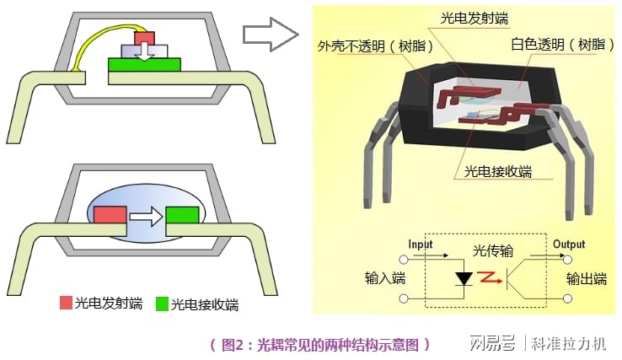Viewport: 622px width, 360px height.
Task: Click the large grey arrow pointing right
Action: point(271,35)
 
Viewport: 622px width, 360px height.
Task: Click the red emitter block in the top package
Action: point(144,39)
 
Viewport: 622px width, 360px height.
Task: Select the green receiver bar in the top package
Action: point(144,65)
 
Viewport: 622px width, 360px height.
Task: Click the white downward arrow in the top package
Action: point(144,51)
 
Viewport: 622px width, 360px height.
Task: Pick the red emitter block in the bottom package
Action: point(110,216)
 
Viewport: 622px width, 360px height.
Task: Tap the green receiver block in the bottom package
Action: point(182,216)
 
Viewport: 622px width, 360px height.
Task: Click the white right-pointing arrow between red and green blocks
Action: point(147,217)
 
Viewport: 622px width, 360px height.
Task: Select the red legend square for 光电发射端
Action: point(66,303)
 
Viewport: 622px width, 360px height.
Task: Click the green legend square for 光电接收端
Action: point(162,304)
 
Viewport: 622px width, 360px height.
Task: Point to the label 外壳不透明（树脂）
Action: point(375,46)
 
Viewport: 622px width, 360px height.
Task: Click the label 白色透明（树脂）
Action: point(562,44)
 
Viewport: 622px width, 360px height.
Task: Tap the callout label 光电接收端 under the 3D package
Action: point(498,171)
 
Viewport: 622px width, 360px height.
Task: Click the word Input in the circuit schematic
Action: point(421,244)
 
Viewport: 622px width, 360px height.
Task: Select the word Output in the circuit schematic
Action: point(569,244)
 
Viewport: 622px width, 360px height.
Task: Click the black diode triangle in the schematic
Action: point(464,278)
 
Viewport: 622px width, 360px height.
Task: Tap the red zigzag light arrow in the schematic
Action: point(490,277)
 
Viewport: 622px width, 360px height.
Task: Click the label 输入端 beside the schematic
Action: point(385,278)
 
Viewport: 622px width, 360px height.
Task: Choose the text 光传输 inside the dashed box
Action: point(493,251)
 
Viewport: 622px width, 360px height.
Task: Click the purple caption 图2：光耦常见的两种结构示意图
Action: point(319,345)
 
